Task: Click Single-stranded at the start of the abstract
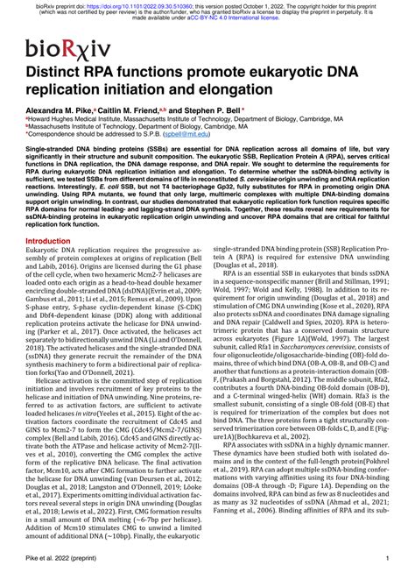(x=51, y=151)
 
